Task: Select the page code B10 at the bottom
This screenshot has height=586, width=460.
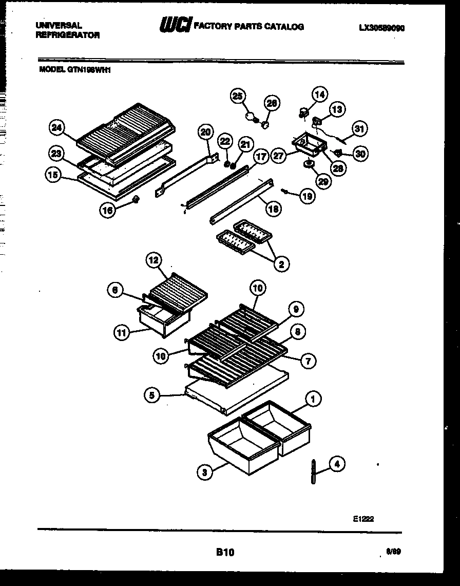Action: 225,552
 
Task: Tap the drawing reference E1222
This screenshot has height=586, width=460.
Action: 363,519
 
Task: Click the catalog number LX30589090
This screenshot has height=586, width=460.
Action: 382,29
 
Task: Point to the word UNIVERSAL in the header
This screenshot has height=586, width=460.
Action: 59,25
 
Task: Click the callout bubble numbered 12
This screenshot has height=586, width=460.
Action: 154,260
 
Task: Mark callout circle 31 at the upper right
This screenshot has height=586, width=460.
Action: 359,129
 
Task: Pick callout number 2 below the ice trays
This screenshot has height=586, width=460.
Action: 281,264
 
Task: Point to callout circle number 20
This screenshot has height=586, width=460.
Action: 205,133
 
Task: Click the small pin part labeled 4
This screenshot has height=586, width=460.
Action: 313,471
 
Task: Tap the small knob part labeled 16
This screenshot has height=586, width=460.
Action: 136,199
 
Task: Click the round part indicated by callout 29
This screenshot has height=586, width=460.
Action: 309,164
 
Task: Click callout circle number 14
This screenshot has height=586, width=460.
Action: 319,94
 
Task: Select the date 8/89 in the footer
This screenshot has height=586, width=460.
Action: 393,552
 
